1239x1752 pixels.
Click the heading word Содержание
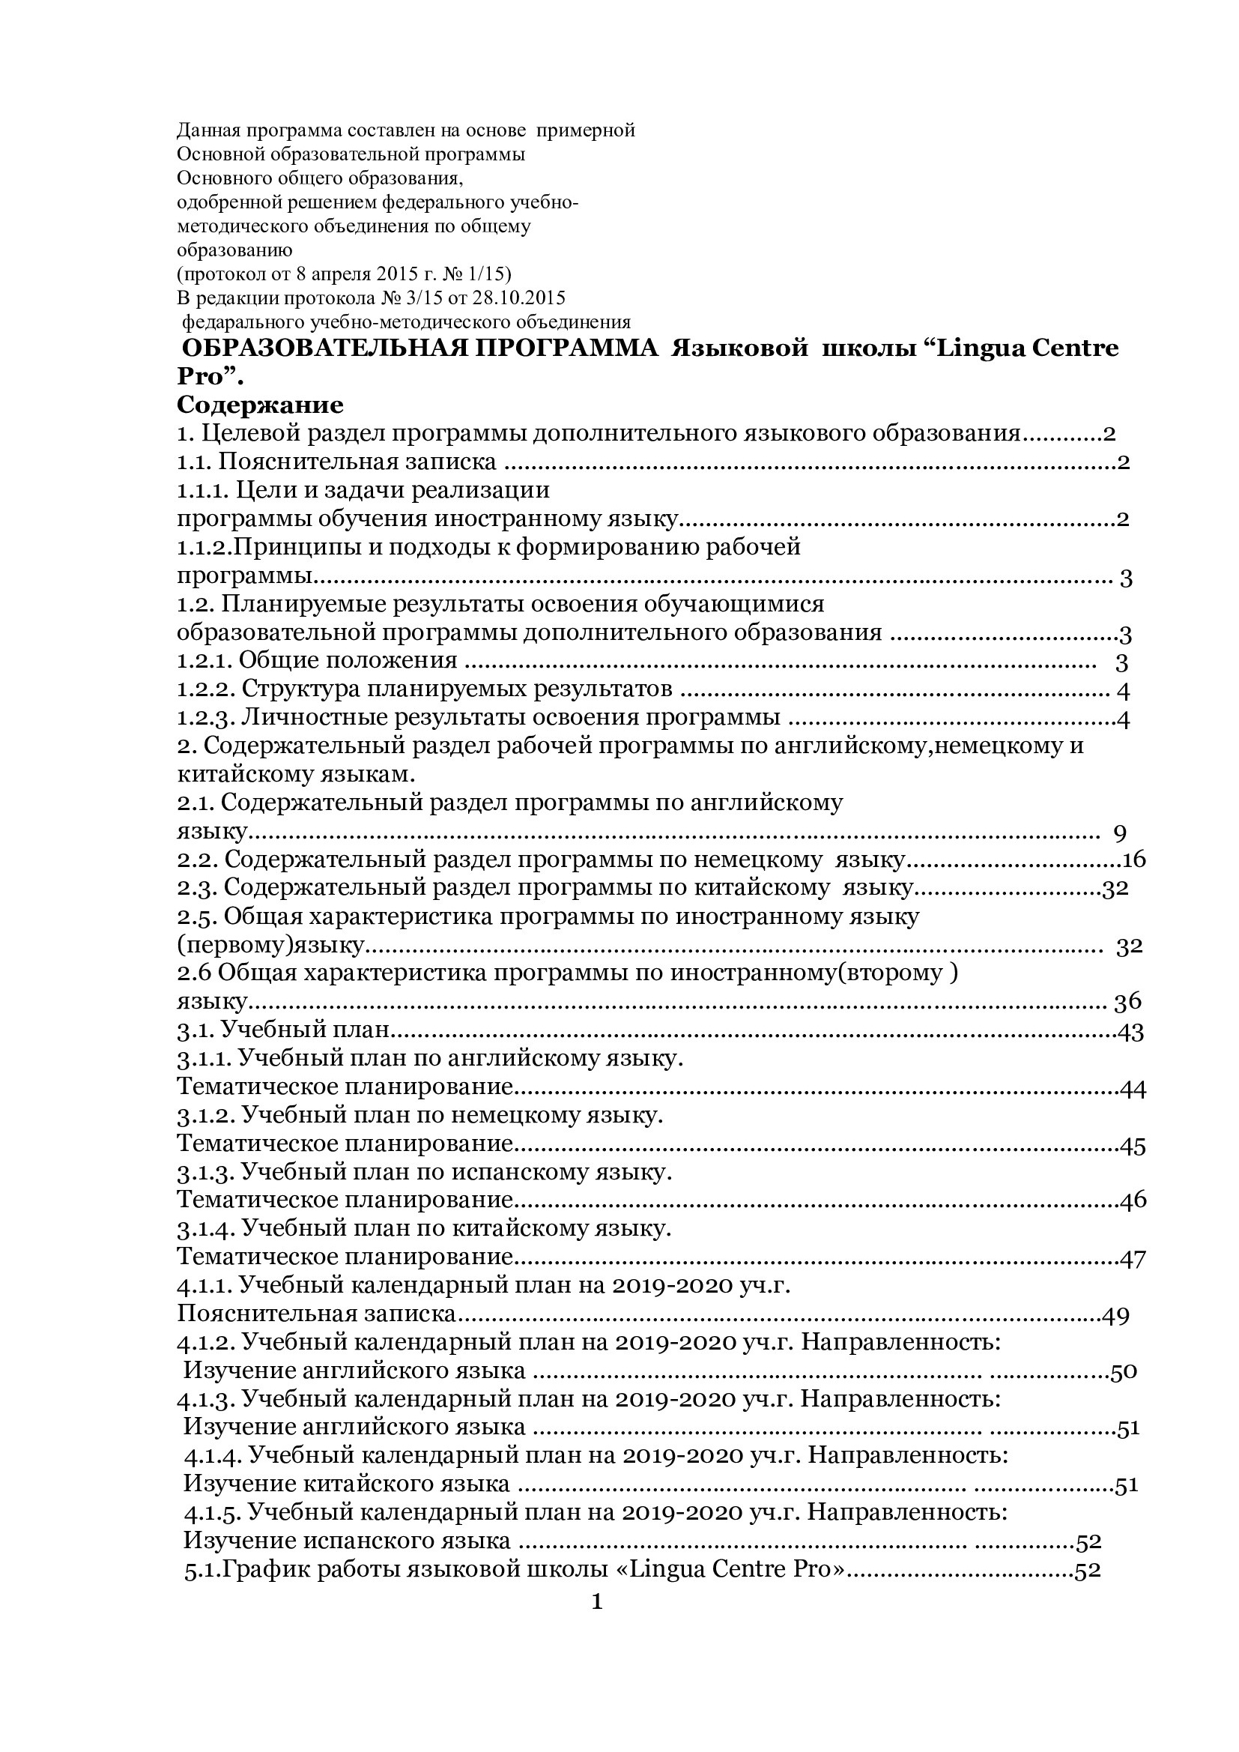click(260, 405)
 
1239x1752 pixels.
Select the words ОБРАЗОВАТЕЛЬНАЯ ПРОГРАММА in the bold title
click(420, 348)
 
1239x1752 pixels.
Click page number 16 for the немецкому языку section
click(1134, 860)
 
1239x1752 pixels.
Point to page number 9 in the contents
click(1120, 833)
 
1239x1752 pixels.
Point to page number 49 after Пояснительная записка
click(1115, 1316)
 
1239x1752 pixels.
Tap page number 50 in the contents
click(1123, 1372)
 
